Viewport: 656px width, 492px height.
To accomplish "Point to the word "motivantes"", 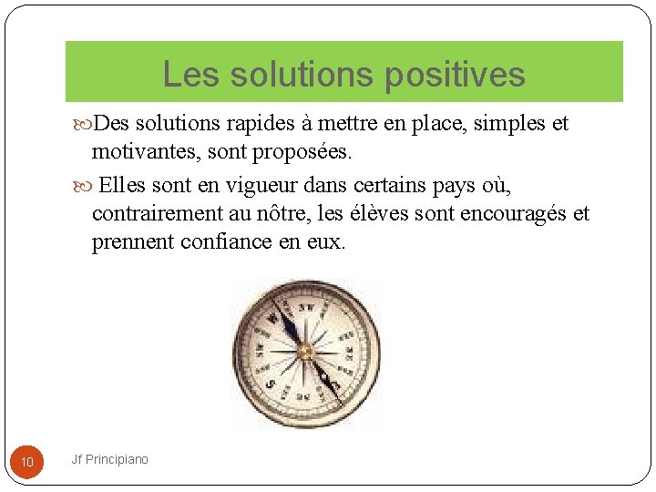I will click(x=145, y=150).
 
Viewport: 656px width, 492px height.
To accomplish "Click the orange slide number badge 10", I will click(x=27, y=463).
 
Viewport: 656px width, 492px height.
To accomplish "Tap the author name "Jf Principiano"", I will click(x=109, y=459).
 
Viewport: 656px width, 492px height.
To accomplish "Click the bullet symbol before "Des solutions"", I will click(x=85, y=123).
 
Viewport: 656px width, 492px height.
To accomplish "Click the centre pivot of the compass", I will click(x=306, y=351).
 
